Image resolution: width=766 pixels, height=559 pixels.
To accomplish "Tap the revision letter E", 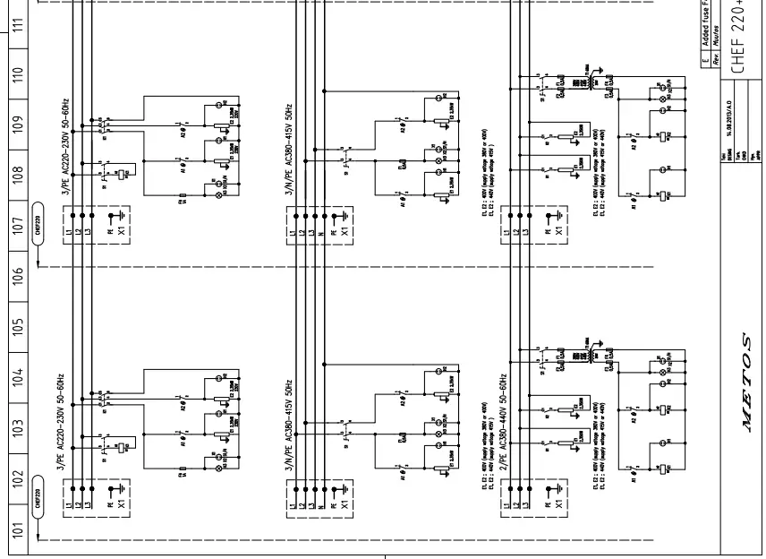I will click(706, 59).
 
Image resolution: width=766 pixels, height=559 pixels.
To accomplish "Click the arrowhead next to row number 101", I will click(38, 538).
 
